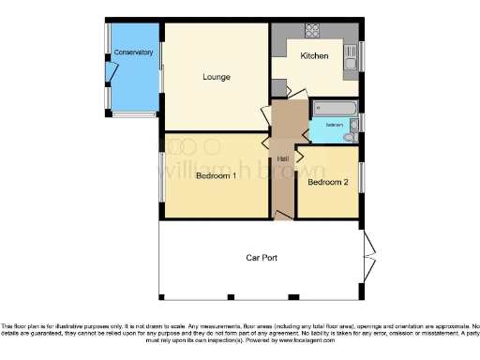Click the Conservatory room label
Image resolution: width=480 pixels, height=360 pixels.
tap(132, 52)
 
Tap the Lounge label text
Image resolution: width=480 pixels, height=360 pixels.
tap(217, 76)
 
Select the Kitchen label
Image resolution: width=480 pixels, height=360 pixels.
tap(314, 56)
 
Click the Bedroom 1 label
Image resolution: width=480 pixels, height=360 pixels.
tap(216, 177)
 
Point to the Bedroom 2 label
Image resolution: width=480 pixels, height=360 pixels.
tap(328, 182)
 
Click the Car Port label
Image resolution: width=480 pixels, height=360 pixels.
tap(260, 257)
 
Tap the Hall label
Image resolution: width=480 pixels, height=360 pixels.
tap(281, 157)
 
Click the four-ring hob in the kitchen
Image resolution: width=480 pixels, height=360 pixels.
tap(311, 30)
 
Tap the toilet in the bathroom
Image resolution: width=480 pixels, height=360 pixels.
tap(349, 137)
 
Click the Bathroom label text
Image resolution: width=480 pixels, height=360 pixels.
tap(335, 125)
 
